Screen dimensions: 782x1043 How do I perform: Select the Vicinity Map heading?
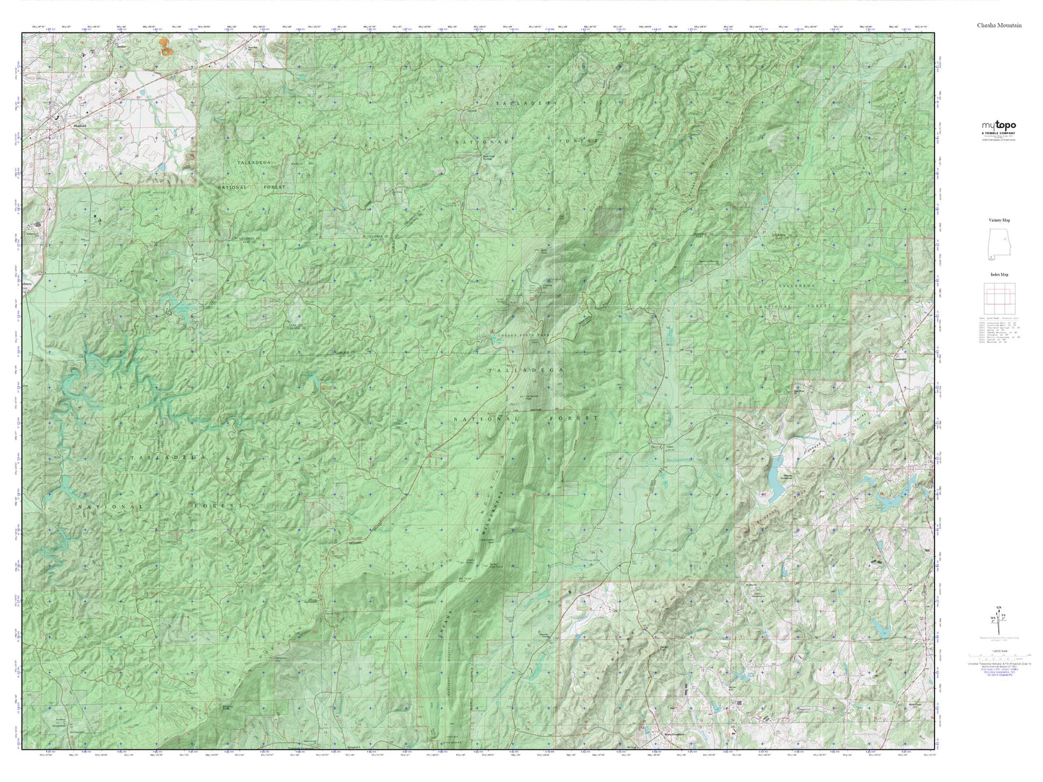999,220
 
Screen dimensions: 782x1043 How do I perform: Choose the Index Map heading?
999,275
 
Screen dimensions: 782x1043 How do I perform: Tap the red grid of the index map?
1000,297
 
